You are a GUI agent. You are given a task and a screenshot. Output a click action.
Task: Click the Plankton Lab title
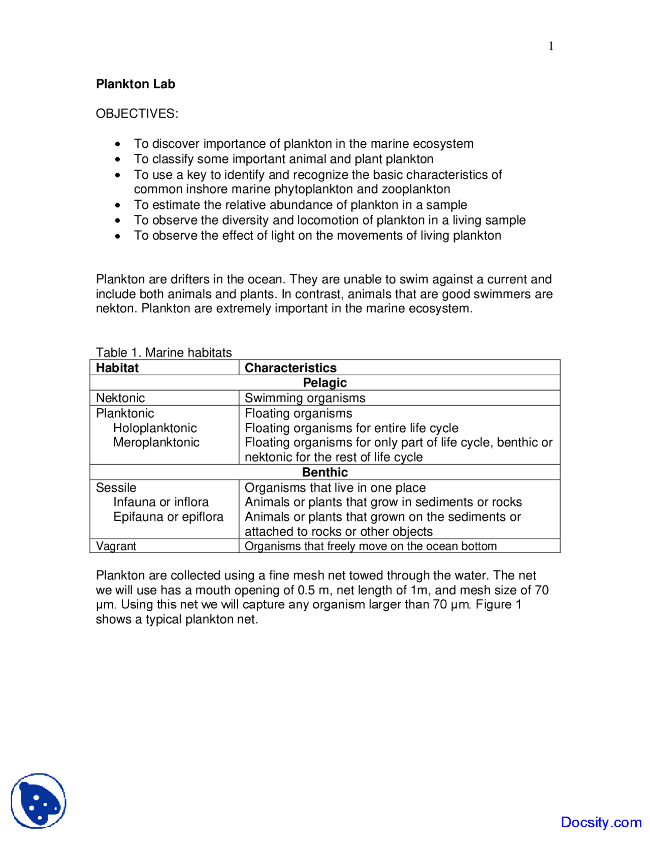tap(135, 84)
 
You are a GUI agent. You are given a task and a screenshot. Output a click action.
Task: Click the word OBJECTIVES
tap(137, 113)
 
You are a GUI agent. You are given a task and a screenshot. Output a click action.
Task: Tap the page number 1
tap(551, 46)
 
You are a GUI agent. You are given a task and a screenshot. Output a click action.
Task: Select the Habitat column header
tap(117, 368)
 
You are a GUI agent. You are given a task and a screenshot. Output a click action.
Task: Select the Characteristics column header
tap(290, 368)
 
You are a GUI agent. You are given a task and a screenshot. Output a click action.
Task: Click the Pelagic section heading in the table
tap(324, 383)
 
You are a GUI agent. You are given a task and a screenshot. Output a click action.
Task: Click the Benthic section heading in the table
tap(324, 472)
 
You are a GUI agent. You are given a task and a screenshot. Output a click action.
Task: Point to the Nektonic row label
tap(120, 398)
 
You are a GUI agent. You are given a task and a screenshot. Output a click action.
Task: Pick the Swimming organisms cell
tap(305, 398)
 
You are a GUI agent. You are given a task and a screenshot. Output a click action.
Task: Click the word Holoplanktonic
tap(155, 428)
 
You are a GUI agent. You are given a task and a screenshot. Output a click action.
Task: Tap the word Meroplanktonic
tap(156, 442)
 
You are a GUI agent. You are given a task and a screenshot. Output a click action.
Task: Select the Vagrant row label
tap(116, 546)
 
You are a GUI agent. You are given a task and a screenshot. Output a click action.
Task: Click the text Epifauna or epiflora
tap(168, 516)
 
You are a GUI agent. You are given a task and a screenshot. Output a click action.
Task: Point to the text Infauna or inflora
tap(160, 502)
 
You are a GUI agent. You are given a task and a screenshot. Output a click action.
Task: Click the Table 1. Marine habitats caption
tap(164, 352)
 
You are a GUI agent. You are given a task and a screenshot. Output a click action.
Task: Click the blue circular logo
tap(39, 801)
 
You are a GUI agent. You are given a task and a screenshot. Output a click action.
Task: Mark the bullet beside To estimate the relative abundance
tap(118, 205)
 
